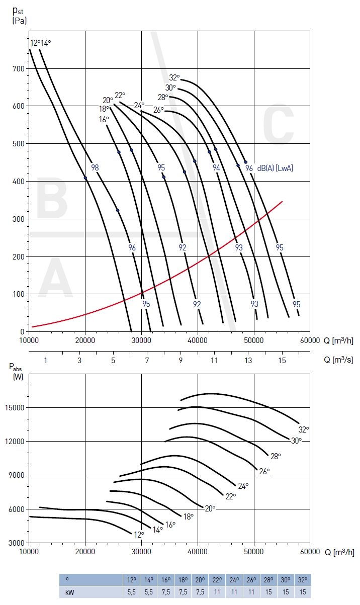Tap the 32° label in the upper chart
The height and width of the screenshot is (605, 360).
[174, 77]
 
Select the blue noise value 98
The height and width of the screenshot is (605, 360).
[95, 167]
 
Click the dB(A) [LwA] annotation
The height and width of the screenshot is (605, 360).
[275, 168]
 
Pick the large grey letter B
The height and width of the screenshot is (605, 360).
[52, 199]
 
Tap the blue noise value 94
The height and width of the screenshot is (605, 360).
[216, 168]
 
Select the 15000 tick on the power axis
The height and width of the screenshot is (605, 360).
[16, 407]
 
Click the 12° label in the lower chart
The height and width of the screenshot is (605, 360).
[139, 534]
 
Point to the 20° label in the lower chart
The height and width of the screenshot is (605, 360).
[210, 508]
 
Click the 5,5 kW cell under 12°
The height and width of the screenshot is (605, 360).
[132, 592]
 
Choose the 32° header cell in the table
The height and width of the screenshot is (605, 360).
[303, 579]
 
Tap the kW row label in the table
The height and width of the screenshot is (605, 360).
[69, 592]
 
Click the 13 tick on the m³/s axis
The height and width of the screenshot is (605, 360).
[248, 360]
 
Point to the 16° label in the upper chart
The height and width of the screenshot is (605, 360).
[104, 119]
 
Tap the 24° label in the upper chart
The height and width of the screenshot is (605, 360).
[139, 105]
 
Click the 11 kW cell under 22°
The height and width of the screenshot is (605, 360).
[217, 592]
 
